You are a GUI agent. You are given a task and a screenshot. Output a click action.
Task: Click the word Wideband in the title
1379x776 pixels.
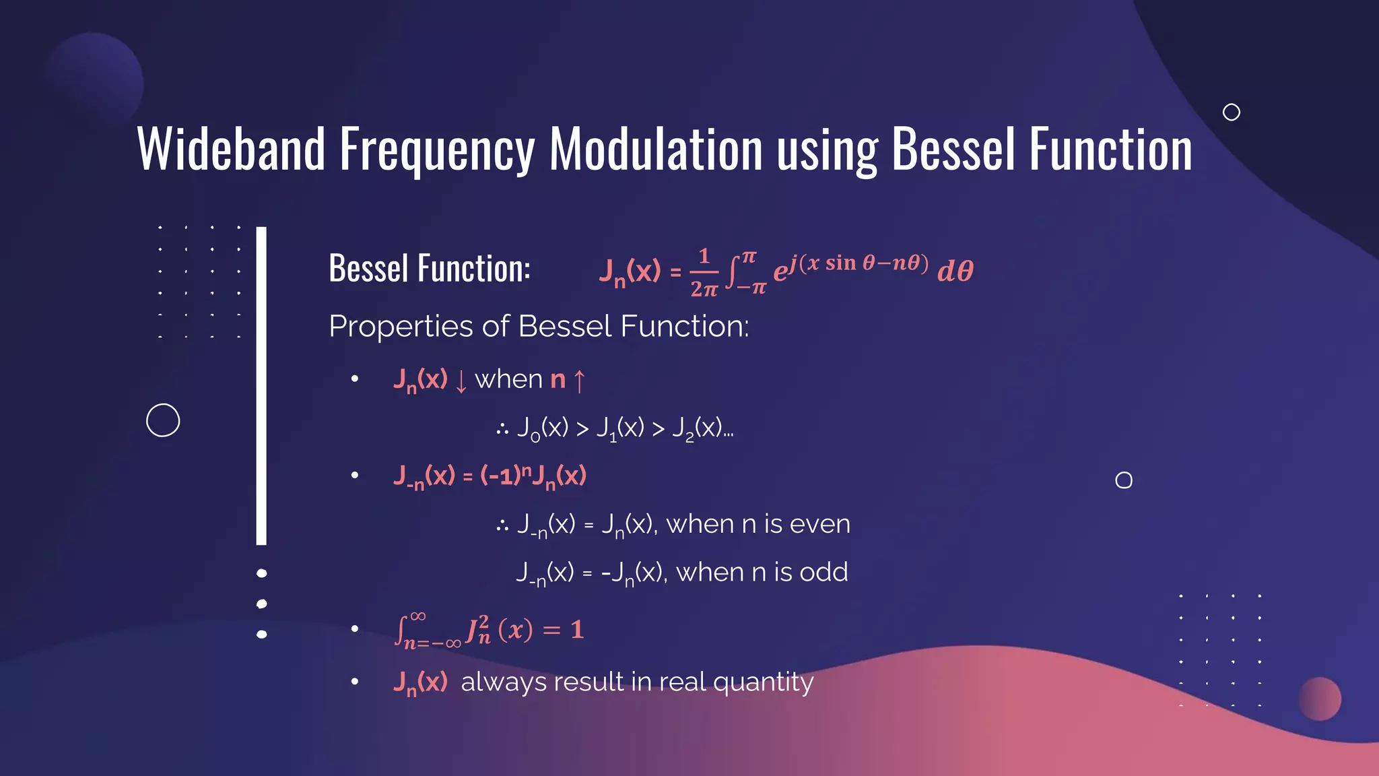[x=231, y=150]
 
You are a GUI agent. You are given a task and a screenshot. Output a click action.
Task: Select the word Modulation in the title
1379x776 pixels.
[x=655, y=150]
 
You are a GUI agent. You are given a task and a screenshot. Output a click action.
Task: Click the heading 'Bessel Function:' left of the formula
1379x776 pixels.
[x=429, y=268]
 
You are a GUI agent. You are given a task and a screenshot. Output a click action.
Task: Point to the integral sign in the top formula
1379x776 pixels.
[x=732, y=271]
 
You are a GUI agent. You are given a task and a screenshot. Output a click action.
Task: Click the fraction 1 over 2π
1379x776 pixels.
[x=704, y=272]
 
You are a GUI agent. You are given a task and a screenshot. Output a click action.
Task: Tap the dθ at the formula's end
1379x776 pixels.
[x=955, y=271]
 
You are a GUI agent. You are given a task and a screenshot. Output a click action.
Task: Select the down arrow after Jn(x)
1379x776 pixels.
[x=461, y=381]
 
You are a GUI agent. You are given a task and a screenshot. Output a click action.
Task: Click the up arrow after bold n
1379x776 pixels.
[x=579, y=381]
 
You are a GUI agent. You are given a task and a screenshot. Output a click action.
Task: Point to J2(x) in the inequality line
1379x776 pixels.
[x=697, y=428]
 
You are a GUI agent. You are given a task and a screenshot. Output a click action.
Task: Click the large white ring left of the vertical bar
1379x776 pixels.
[x=163, y=420]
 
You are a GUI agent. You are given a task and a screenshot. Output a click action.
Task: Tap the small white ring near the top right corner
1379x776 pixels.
[x=1231, y=112]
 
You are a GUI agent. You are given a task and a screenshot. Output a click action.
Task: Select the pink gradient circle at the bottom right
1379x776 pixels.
[x=1319, y=699]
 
